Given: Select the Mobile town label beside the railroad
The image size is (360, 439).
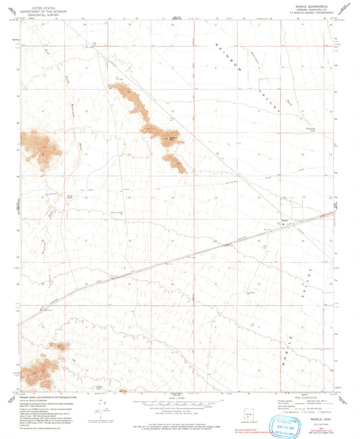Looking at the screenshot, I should (x=284, y=220).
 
